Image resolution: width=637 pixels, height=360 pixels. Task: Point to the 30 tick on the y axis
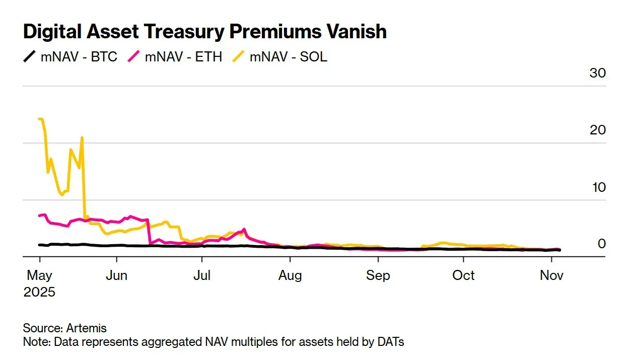coord(598,73)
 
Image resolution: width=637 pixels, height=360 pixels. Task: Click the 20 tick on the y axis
coord(598,130)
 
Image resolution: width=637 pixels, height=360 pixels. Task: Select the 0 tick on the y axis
coord(601,244)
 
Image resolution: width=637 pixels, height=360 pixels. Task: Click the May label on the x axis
coord(39,276)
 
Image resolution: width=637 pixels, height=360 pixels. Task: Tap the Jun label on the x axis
coord(116,276)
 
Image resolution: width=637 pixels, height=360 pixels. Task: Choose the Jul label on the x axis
coord(201,276)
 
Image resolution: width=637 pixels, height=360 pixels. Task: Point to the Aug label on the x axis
coord(290,276)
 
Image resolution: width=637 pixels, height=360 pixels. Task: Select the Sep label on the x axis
coord(378,276)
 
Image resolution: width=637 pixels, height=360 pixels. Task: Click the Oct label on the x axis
coord(463,276)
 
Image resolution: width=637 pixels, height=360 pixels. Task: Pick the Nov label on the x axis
coord(552,276)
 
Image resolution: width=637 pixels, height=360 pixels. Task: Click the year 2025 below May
coord(39,292)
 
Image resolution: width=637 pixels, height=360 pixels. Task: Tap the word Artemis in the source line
coord(87,328)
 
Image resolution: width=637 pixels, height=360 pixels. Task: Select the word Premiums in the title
coord(274,32)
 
